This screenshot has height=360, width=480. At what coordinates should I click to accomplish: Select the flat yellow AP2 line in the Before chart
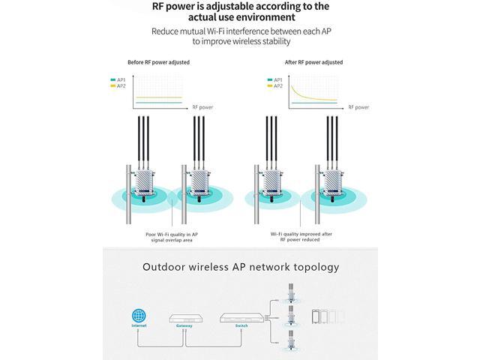point(157,97)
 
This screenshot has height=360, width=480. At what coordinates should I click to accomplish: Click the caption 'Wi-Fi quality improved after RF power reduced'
point(300,238)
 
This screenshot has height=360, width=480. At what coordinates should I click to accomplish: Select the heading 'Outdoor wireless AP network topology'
point(241,267)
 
